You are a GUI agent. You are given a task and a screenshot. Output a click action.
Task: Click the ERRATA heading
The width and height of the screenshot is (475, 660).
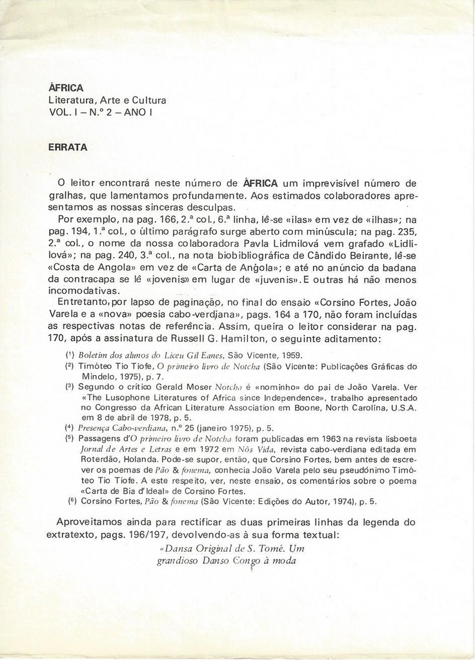pyautogui.click(x=68, y=147)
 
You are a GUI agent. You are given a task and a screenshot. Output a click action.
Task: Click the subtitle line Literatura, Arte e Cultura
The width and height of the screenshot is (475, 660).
pyautogui.click(x=107, y=101)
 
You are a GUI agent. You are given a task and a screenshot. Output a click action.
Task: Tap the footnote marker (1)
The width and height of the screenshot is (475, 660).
pyautogui.click(x=70, y=355)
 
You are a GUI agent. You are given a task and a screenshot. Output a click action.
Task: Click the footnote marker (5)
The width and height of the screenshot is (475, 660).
pyautogui.click(x=70, y=438)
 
